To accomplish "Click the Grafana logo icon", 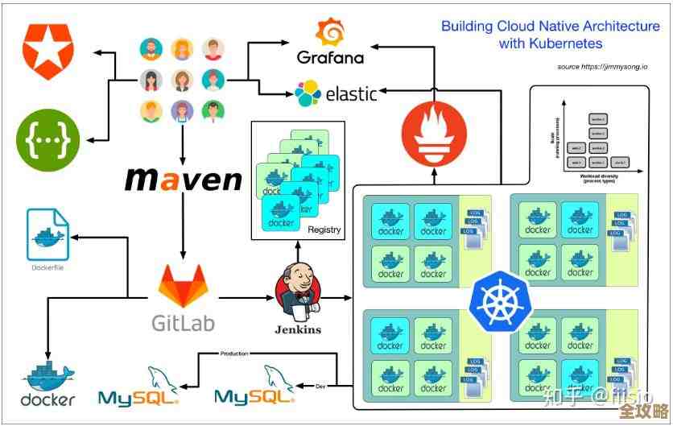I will click(330, 33).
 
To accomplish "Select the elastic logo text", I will click(351, 93).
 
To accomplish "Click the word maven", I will click(184, 179).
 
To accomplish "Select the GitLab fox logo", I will click(184, 286).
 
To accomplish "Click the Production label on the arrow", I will click(234, 354).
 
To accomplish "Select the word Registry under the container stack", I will click(324, 230).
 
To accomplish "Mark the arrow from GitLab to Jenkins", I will click(246, 298).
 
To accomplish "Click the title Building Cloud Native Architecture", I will click(550, 26).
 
